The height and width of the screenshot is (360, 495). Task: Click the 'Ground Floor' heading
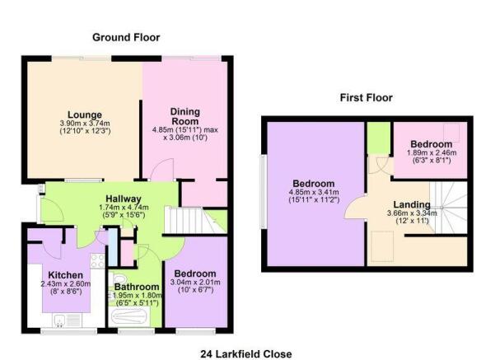click(126, 37)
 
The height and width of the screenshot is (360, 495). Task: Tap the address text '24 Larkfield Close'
click(246, 353)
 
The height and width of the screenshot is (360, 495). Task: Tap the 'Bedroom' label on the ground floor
click(194, 274)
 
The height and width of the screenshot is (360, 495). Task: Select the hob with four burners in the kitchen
click(96, 259)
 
